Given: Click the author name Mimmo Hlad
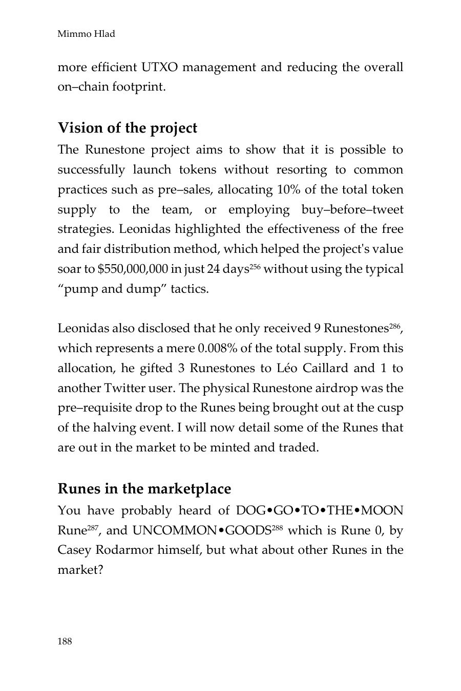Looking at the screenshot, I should (86, 34).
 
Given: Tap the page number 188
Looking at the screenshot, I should (65, 641).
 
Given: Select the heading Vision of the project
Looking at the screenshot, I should (127, 127).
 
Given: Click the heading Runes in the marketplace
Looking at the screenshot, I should (144, 488).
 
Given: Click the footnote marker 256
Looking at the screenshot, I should (255, 266).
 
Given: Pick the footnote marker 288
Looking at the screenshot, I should (277, 527).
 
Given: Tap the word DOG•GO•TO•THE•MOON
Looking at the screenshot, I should (320, 511).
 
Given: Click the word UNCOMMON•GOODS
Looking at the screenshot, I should (201, 531).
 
